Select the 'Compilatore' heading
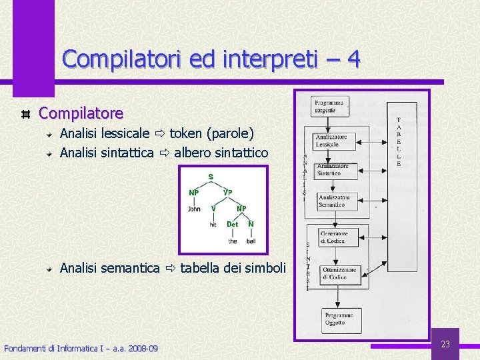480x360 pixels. point(81,114)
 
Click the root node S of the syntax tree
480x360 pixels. point(211,177)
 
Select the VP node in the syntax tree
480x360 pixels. point(227,193)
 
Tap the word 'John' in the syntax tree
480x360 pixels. point(194,209)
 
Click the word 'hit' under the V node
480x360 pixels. point(213,225)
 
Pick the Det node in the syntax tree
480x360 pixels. point(232,225)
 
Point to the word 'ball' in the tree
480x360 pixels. point(250,241)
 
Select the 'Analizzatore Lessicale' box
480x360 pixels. point(332,141)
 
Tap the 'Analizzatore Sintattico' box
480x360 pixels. point(333,169)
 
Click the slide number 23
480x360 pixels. point(445,344)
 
